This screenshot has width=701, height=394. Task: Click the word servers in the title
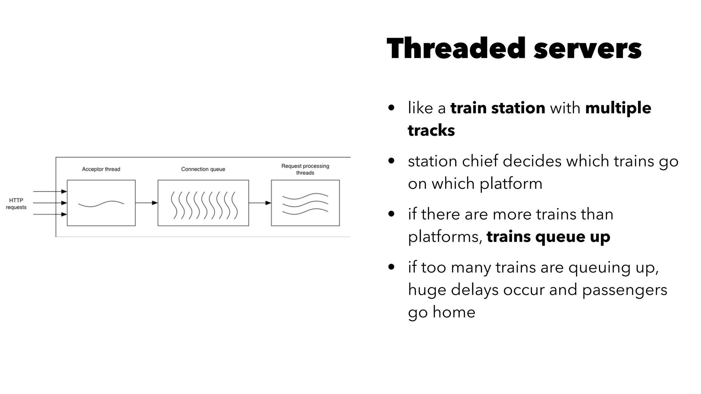point(587,49)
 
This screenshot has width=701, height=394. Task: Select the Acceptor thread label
point(101,169)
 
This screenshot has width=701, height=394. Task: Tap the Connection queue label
point(203,169)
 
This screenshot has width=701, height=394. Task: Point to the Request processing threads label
point(305,169)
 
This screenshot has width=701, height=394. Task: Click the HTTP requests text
point(16,204)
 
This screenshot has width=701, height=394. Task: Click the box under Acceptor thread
point(101,203)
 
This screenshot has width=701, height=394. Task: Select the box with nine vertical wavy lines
point(203,203)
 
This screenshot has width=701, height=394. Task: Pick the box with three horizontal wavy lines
point(305,203)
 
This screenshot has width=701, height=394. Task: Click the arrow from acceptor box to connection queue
point(146,203)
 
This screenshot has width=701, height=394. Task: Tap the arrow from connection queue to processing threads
point(259,203)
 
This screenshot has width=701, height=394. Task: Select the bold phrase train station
point(498,108)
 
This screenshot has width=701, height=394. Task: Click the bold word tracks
point(431,130)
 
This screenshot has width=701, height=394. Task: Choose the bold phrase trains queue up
point(548,237)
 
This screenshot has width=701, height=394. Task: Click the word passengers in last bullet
point(624,290)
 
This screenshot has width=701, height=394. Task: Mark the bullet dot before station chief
point(392,161)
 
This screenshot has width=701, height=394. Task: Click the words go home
point(442,312)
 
